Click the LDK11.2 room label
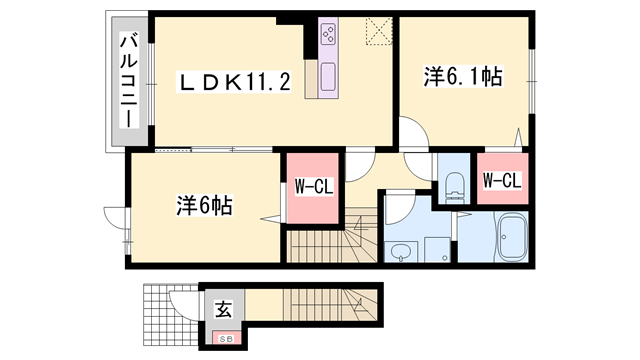pos(235,82)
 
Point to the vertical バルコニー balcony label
pos(129,80)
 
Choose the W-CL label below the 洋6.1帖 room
pos(501,181)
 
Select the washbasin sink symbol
pos(402,249)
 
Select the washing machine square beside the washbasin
pos(436,249)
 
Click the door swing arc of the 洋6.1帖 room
pos(413,132)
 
